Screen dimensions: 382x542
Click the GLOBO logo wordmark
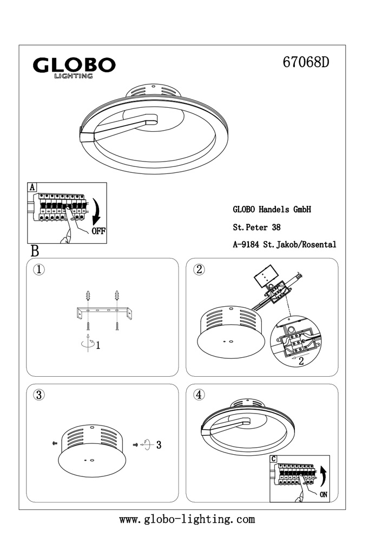pyautogui.click(x=74, y=65)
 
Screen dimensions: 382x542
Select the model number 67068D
pyautogui.click(x=306, y=62)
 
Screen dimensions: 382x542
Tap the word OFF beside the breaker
pyautogui.click(x=98, y=231)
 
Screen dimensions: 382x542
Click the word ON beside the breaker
pyautogui.click(x=324, y=495)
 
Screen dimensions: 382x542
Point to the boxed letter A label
pyautogui.click(x=32, y=188)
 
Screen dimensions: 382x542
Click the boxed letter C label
pyautogui.click(x=274, y=459)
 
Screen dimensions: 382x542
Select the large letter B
pyautogui.click(x=35, y=251)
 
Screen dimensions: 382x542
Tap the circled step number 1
pyautogui.click(x=39, y=269)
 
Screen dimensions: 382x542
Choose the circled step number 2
pyautogui.click(x=199, y=269)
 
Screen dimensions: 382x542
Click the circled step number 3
pyautogui.click(x=39, y=395)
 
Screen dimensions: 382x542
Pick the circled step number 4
pyautogui.click(x=199, y=395)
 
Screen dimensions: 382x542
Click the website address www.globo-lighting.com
pyautogui.click(x=187, y=519)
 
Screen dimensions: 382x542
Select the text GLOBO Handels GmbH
pyautogui.click(x=272, y=209)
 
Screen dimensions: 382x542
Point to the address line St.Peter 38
pyautogui.click(x=256, y=227)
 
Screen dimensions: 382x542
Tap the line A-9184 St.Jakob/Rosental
pyautogui.click(x=285, y=244)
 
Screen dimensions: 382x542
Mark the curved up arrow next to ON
pyautogui.click(x=324, y=476)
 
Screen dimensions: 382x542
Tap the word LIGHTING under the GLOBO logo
pyautogui.click(x=74, y=76)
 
